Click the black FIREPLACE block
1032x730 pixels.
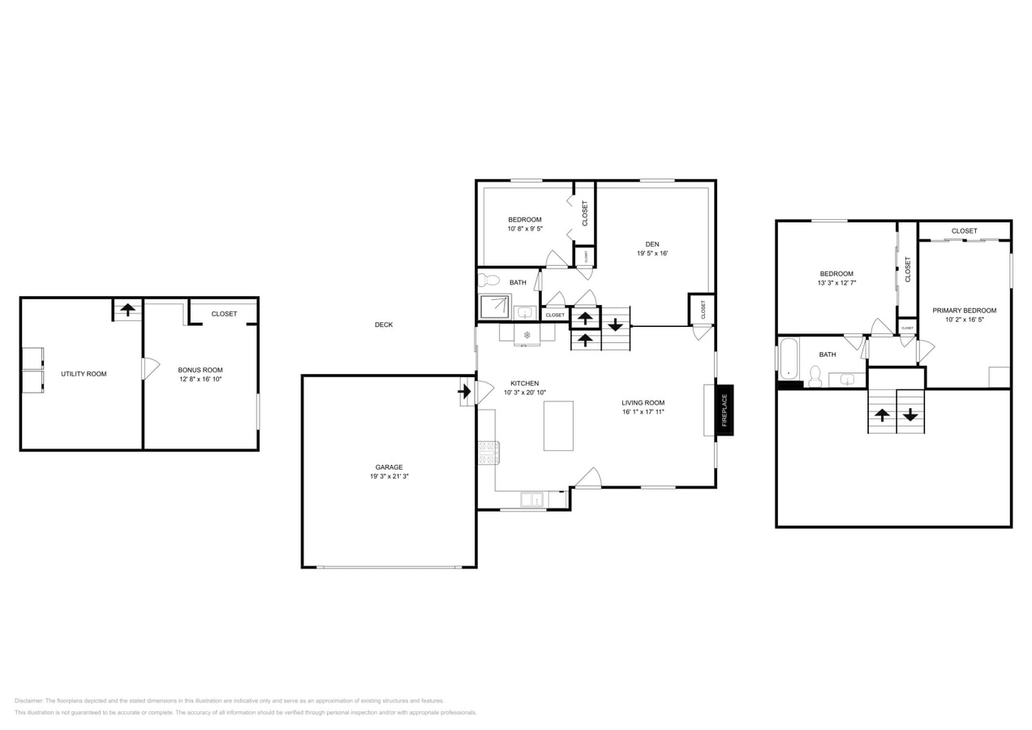pyautogui.click(x=725, y=410)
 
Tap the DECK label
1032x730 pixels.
pyautogui.click(x=384, y=325)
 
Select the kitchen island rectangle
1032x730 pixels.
pyautogui.click(x=558, y=426)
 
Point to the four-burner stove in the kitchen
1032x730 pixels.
pyautogui.click(x=488, y=453)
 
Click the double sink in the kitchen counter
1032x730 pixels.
pyautogui.click(x=533, y=500)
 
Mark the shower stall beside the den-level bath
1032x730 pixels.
pyautogui.click(x=494, y=307)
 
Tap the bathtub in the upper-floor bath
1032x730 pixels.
pyautogui.click(x=788, y=359)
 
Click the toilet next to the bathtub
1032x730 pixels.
pyautogui.click(x=815, y=376)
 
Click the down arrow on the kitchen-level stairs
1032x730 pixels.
pyautogui.click(x=616, y=325)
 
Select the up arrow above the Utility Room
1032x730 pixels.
pyautogui.click(x=127, y=309)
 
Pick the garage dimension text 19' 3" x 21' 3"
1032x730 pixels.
pyautogui.click(x=389, y=477)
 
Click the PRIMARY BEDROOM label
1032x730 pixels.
pyautogui.click(x=964, y=311)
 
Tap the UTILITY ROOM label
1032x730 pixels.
pyautogui.click(x=84, y=374)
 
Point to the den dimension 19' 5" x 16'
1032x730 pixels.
pyautogui.click(x=651, y=254)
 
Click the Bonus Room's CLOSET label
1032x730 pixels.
pyautogui.click(x=224, y=314)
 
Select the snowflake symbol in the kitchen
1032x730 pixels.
pyautogui.click(x=527, y=334)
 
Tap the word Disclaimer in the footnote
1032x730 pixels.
pyautogui.click(x=28, y=701)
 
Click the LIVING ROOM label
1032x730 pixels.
pyautogui.click(x=643, y=403)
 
